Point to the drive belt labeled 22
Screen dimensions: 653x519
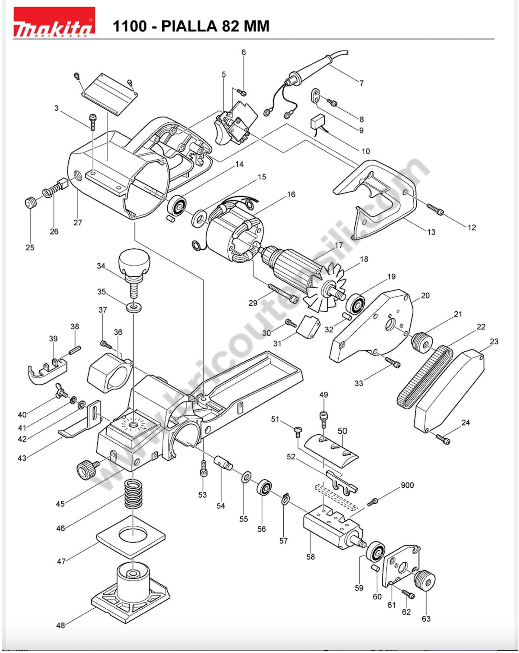pos(424,375)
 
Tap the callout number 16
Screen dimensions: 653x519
pos(291,194)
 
